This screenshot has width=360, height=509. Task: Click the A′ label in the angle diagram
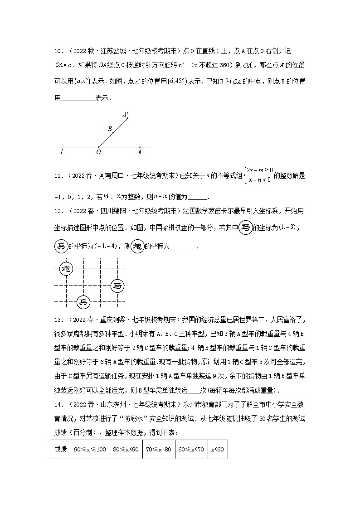coord(125,114)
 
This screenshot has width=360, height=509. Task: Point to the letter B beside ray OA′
coord(110,129)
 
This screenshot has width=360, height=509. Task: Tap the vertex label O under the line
coord(98,152)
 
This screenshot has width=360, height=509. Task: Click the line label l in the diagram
coord(62,152)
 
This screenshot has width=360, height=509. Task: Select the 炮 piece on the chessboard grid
coord(67,269)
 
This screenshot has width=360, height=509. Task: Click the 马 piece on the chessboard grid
coord(117,286)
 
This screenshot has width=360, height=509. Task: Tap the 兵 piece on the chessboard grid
coord(83,302)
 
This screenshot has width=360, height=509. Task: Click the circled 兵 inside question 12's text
coord(60,246)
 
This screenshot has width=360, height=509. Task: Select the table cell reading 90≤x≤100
coord(90,449)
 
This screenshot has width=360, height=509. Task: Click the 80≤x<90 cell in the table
coord(126,449)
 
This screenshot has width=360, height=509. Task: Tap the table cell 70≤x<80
coord(159,449)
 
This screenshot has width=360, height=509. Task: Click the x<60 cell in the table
coord(217,449)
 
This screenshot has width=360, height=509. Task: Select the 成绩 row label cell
coord(60,449)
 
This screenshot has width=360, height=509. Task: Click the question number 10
coord(58,50)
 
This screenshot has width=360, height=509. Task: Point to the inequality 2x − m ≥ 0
coord(259,170)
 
